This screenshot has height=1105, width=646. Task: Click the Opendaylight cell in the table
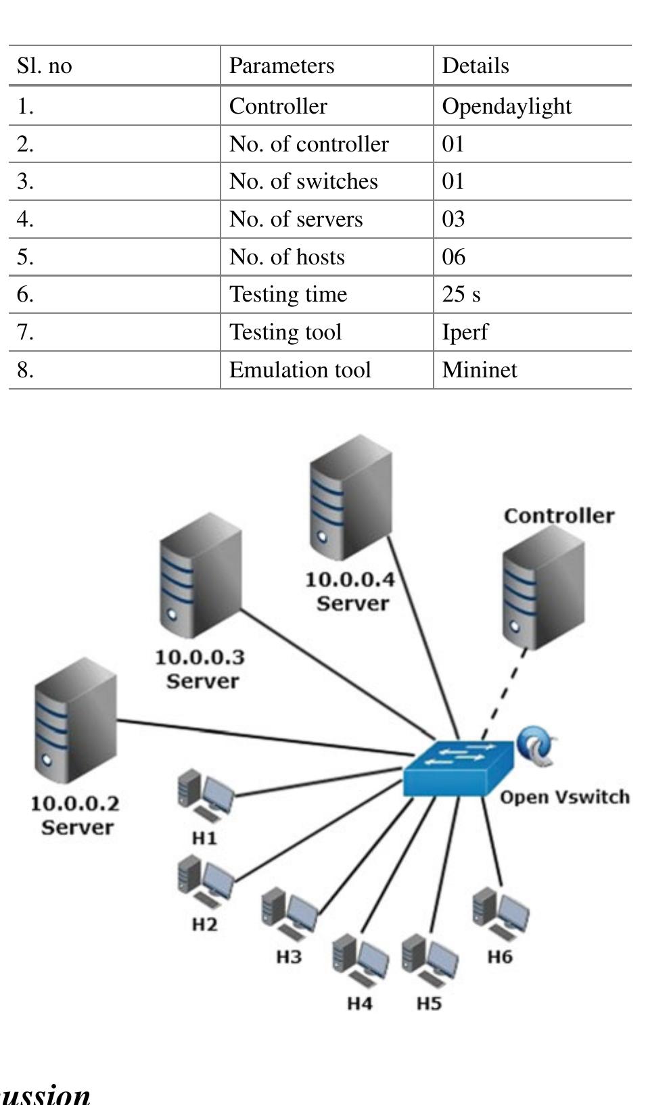click(506, 106)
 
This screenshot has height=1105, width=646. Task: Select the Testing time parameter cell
click(288, 294)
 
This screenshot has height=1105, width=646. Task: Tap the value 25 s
click(461, 294)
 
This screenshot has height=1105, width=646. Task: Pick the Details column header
click(475, 66)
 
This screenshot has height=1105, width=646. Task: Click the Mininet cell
click(479, 370)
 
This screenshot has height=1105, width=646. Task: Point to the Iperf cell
click(465, 332)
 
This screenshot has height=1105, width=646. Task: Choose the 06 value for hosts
click(453, 257)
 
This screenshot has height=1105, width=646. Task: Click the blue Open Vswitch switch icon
click(457, 768)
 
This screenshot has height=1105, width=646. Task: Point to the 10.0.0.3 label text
click(200, 657)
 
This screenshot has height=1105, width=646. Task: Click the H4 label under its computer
click(360, 1003)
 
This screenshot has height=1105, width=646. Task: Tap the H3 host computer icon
click(289, 914)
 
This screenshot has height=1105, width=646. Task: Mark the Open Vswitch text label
click(564, 797)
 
